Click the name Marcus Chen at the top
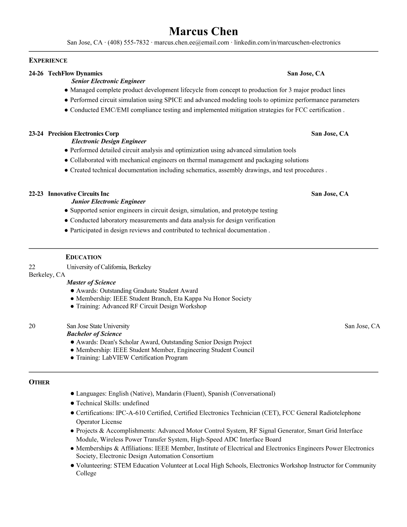pyautogui.click(x=203, y=32)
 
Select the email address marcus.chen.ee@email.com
pyautogui.click(x=192, y=43)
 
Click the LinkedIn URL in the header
pyautogui.click(x=287, y=43)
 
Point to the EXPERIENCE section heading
pyautogui.click(x=48, y=61)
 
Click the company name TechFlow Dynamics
pyautogui.click(x=75, y=74)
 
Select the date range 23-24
pyautogui.click(x=36, y=134)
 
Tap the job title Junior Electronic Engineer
pyautogui.click(x=108, y=202)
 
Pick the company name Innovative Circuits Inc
pyautogui.click(x=78, y=194)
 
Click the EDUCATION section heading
pyautogui.click(x=83, y=257)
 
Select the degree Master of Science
pyautogui.click(x=91, y=282)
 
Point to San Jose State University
pyautogui.click(x=98, y=326)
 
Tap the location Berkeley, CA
pyautogui.click(x=47, y=275)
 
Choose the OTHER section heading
pyautogui.click(x=39, y=382)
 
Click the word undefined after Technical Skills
pyautogui.click(x=136, y=403)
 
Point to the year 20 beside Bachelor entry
pyautogui.click(x=32, y=326)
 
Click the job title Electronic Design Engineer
pyautogui.click(x=109, y=141)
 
